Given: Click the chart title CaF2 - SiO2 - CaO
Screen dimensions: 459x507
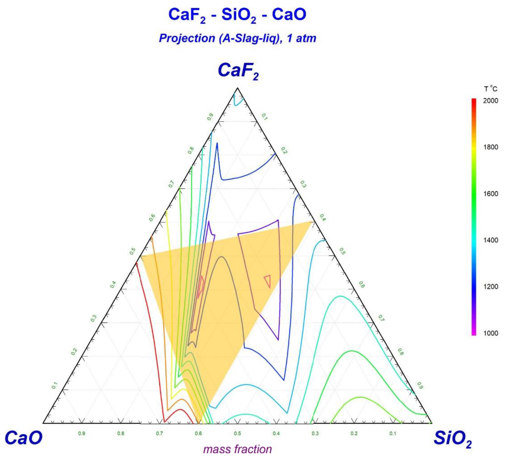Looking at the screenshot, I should click(x=237, y=15).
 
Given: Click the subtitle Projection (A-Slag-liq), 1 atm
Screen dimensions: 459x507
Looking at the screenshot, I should click(x=237, y=38).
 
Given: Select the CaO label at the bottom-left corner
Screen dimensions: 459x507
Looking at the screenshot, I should click(x=23, y=437).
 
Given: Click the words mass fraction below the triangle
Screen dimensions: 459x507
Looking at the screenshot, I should click(x=238, y=449).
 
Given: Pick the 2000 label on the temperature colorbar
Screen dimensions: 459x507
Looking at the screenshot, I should click(x=490, y=101).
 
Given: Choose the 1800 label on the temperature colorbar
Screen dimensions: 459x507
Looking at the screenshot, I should click(x=490, y=147).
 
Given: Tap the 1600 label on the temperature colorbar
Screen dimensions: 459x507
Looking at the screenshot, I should click(x=490, y=194).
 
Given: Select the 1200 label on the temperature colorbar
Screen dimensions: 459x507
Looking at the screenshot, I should click(x=490, y=286).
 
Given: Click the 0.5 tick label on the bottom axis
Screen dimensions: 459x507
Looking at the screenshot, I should click(x=237, y=433).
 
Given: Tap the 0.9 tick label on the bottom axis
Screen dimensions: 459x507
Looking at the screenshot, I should click(x=82, y=433).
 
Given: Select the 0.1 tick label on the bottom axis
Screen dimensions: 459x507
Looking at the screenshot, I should click(x=393, y=433).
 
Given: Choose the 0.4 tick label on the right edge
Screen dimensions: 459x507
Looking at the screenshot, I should click(x=322, y=218).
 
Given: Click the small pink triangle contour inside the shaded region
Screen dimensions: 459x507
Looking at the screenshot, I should click(x=268, y=281).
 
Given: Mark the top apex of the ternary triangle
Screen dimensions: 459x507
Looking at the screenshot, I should click(x=237, y=88).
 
